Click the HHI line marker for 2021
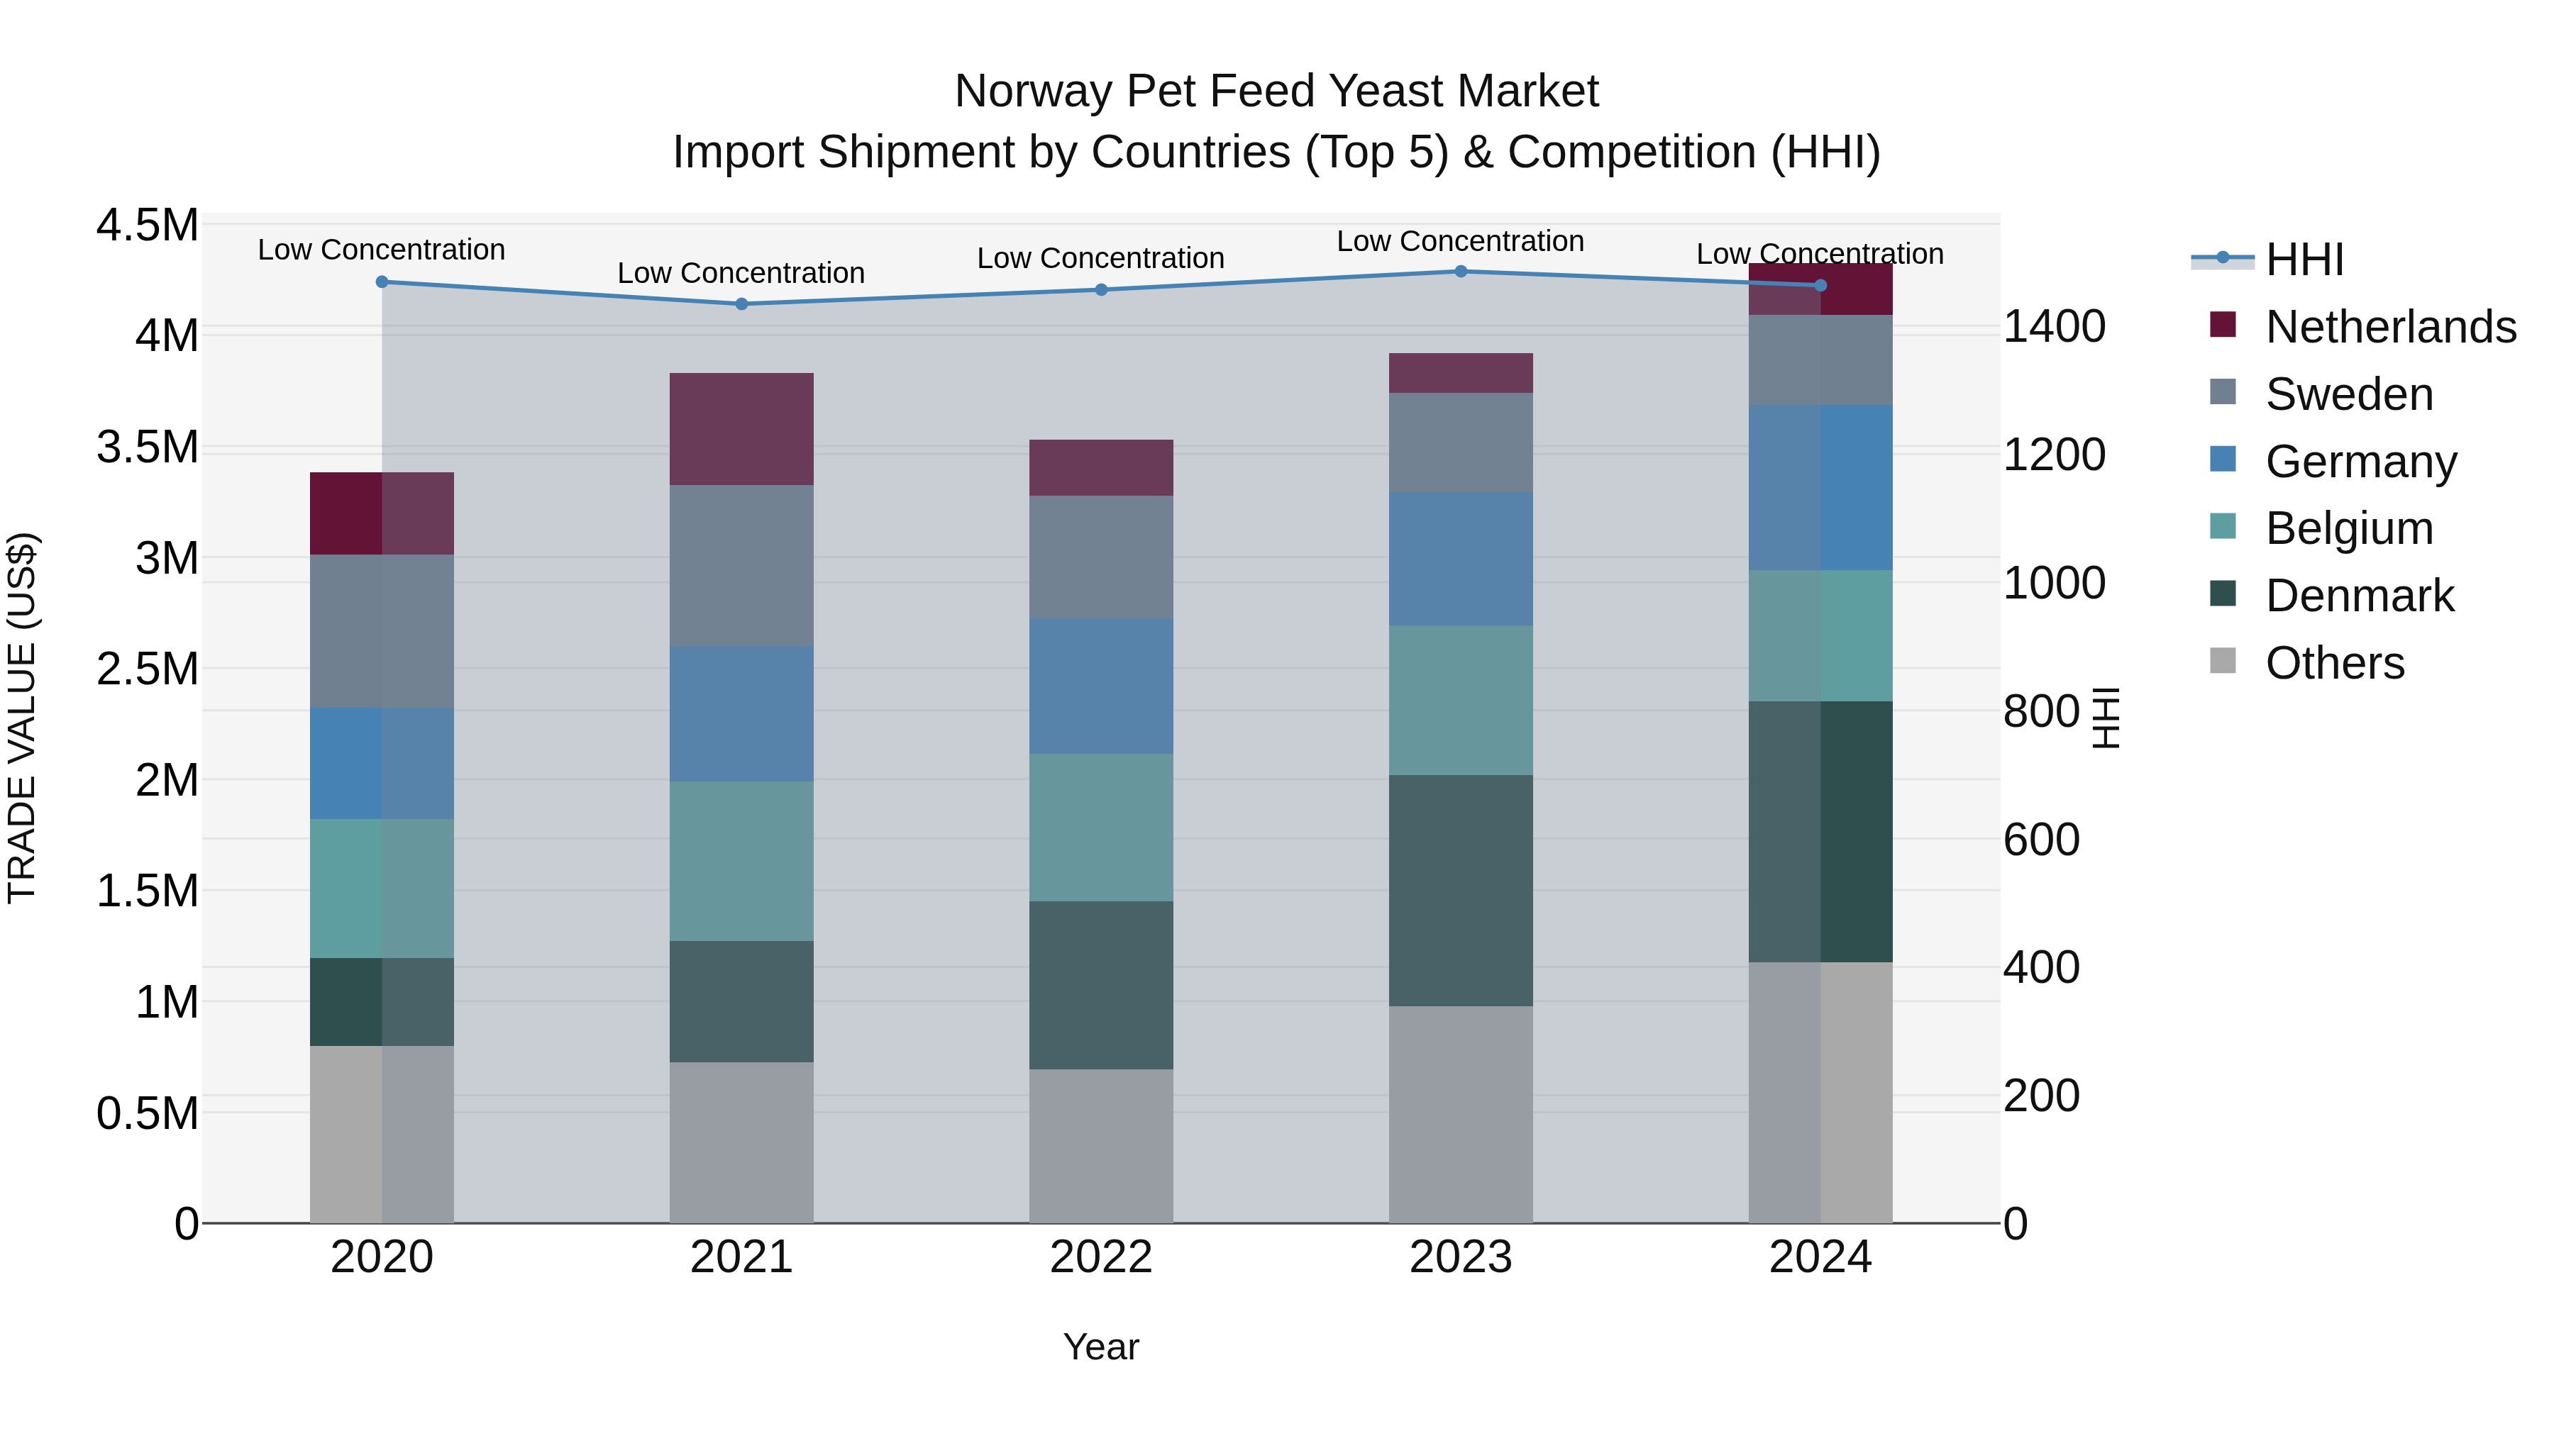coord(741,304)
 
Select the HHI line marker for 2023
coord(1461,272)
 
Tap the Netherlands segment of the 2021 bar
coord(741,429)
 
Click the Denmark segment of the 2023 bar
coord(1461,891)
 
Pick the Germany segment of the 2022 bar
coord(1100,686)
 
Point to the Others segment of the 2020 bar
coord(382,1134)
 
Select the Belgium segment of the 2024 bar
coord(1820,635)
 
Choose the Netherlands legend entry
coord(2390,327)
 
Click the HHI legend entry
coord(2304,260)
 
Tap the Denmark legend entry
coord(2360,596)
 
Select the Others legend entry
coord(2335,663)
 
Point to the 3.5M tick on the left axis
coord(147,447)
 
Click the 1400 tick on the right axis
coord(2055,327)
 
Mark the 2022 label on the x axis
coord(1100,1257)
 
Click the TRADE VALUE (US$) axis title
coord(22,718)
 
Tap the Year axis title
coord(1100,1347)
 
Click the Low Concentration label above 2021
coord(741,274)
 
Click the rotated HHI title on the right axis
coord(2106,718)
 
